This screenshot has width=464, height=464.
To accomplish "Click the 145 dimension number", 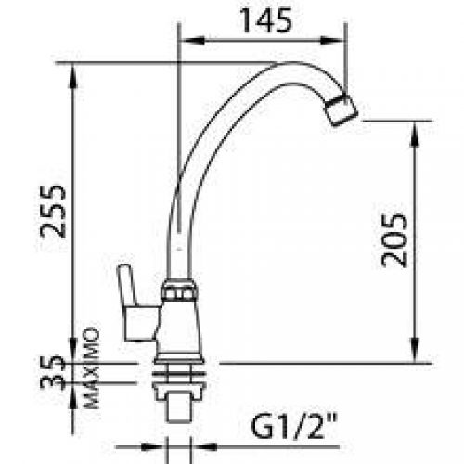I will pyautogui.click(x=264, y=19).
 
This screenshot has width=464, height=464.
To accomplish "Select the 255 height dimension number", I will pyautogui.click(x=58, y=212).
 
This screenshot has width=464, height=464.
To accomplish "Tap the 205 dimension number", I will pyautogui.click(x=395, y=239).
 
